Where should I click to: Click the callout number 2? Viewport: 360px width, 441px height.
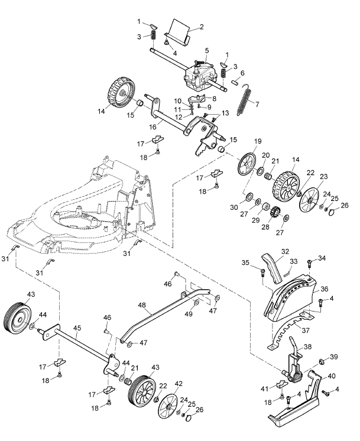(x=202, y=27)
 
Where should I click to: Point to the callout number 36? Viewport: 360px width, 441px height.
(x=323, y=289)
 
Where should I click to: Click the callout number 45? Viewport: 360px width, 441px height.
(x=77, y=327)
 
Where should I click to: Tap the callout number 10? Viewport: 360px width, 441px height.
(x=177, y=100)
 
